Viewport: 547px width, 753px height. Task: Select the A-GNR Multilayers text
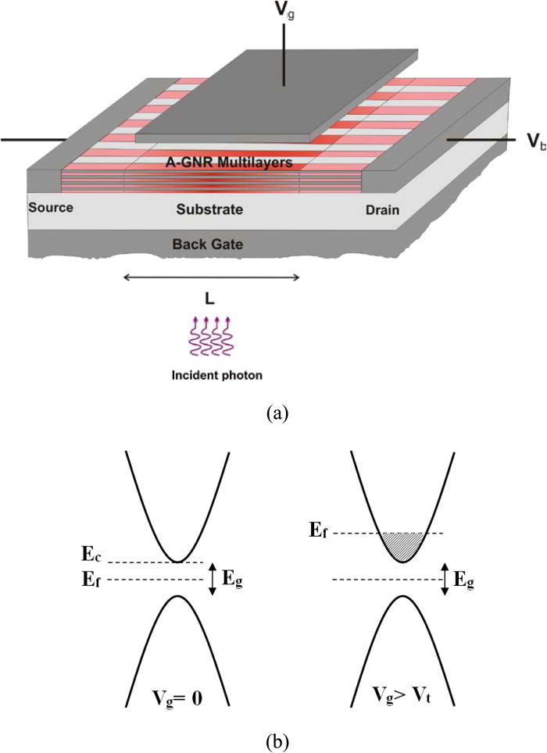223,162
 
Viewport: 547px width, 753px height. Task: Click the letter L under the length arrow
210,298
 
